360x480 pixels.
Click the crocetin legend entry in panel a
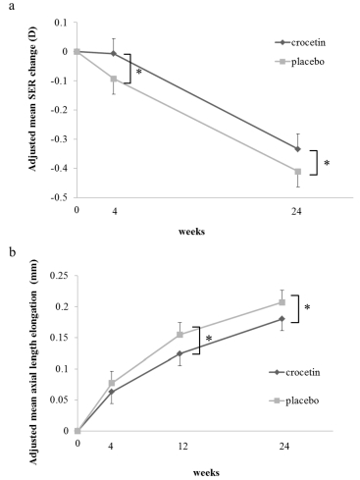tap(300, 43)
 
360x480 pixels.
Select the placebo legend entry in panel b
tap(294, 400)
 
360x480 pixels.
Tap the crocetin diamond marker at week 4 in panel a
tap(114, 54)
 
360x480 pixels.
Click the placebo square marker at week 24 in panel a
tap(297, 172)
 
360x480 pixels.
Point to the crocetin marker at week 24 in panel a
tap(297, 149)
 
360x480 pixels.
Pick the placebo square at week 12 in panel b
tap(180, 335)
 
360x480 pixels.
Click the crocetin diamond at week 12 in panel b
tap(180, 353)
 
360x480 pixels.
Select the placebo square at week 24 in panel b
tap(282, 302)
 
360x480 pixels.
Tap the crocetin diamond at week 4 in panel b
tap(112, 392)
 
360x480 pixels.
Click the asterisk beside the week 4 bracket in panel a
tap(138, 72)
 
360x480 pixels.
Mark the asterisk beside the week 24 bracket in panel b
tap(307, 307)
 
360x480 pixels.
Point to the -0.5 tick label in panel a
tap(61, 197)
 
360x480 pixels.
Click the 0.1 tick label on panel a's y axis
tap(62, 23)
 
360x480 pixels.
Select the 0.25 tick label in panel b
tap(59, 276)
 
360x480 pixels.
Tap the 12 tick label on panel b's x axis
tap(183, 446)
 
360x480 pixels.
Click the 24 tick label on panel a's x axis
tap(296, 212)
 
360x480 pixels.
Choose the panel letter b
tap(13, 252)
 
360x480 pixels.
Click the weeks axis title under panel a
tap(192, 232)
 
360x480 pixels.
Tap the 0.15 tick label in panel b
tap(59, 338)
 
